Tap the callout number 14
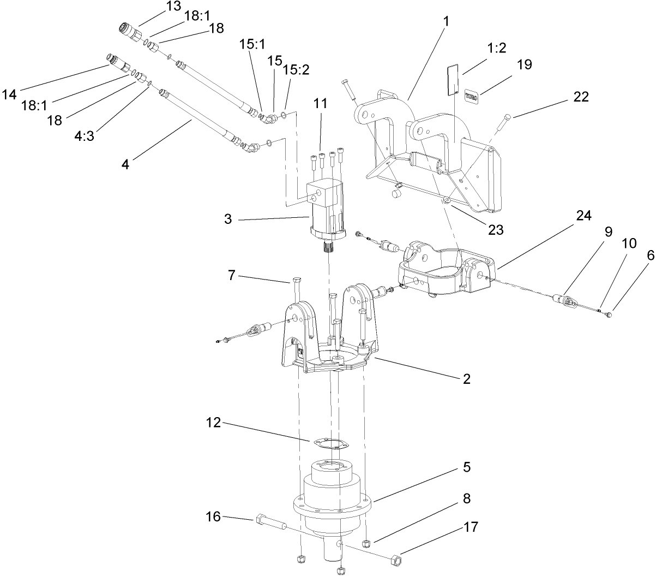click(9, 94)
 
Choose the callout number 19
click(523, 64)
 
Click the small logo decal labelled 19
click(471, 97)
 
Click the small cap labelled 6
click(611, 314)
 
